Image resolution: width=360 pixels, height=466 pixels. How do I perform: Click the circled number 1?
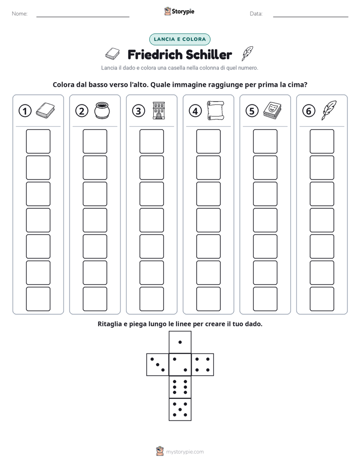click(x=25, y=111)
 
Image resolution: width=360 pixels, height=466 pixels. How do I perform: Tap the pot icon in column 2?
click(x=102, y=110)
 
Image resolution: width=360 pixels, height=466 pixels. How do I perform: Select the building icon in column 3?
click(x=159, y=110)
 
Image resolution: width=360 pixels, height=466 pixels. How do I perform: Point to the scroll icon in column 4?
click(x=216, y=110)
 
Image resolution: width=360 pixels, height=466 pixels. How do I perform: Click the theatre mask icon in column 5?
click(x=272, y=110)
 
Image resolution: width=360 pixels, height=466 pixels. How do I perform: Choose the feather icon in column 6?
click(x=329, y=110)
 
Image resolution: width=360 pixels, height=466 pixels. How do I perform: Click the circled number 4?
click(x=195, y=111)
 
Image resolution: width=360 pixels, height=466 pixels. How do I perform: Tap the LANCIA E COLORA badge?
click(x=179, y=39)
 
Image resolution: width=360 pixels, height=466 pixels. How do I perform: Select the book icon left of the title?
click(x=112, y=54)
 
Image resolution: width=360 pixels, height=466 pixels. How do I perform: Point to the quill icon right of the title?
click(x=247, y=53)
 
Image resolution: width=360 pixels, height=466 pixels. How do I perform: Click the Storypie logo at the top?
click(x=179, y=11)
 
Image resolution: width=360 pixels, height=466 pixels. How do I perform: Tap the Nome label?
click(x=20, y=14)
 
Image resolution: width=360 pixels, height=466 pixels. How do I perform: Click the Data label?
click(x=256, y=14)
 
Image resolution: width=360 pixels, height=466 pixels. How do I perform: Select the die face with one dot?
click(x=180, y=342)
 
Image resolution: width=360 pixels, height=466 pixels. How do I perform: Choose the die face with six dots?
click(x=180, y=387)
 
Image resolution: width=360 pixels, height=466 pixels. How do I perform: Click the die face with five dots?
click(x=180, y=410)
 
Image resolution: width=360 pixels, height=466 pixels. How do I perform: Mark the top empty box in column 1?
click(x=38, y=141)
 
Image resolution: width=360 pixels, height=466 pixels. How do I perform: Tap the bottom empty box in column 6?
click(x=322, y=299)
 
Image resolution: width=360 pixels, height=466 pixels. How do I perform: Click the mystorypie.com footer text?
click(x=185, y=452)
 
